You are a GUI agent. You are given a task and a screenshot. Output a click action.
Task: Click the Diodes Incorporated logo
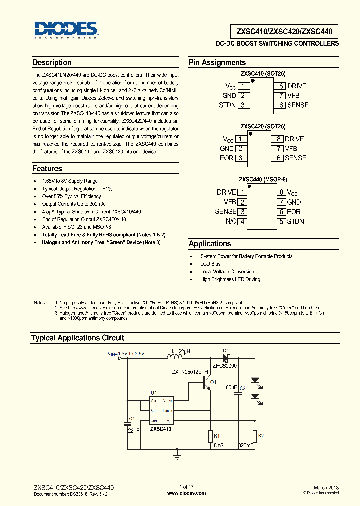(66, 30)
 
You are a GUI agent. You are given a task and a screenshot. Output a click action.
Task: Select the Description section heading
(52, 63)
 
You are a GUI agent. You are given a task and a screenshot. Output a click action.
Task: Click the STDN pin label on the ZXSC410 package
(227, 105)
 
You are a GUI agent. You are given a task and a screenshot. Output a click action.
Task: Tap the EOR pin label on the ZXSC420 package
(226, 158)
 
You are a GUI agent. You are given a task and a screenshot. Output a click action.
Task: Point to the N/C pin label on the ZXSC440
(231, 221)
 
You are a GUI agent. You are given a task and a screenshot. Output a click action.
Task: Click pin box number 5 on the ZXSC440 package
(282, 221)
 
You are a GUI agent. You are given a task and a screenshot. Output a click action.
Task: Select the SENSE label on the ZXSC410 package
(298, 105)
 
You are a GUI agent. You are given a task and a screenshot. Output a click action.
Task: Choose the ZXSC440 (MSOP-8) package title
(263, 179)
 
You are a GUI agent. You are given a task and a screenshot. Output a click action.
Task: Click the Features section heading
(47, 169)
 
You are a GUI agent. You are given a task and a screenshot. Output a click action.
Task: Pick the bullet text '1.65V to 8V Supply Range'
(70, 181)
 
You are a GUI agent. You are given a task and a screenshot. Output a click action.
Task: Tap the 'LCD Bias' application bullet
(210, 264)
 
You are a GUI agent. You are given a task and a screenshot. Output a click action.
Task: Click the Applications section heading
(210, 244)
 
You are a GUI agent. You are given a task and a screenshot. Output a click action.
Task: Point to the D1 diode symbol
(225, 358)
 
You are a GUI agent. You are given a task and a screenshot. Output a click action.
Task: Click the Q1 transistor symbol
(207, 382)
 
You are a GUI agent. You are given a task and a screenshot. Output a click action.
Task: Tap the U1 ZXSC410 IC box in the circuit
(161, 411)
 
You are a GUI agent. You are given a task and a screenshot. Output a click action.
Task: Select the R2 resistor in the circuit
(255, 436)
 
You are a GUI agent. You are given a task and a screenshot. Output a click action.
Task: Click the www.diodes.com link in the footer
(186, 493)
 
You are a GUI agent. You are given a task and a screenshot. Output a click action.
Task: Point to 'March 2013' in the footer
(326, 487)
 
